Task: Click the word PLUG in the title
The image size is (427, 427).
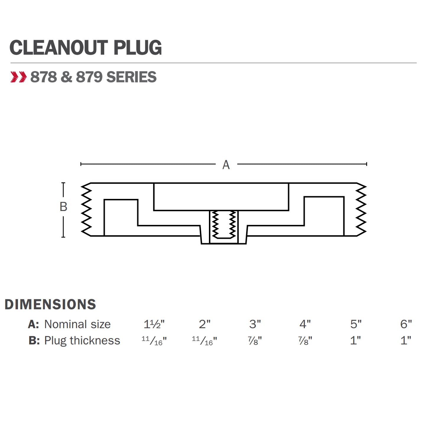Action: [x=138, y=48]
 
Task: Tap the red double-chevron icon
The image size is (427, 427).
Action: [x=18, y=77]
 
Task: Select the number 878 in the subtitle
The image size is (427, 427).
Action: [x=43, y=77]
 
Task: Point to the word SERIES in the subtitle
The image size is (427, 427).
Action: [x=131, y=77]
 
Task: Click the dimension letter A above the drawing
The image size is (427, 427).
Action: [x=226, y=165]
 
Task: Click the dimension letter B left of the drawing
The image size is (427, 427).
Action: [x=63, y=207]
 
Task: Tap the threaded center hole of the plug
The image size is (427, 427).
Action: [x=224, y=225]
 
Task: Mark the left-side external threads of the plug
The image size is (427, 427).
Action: [x=86, y=209]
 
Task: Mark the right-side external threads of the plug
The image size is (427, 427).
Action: [x=361, y=209]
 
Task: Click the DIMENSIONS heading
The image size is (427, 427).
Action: [x=50, y=304]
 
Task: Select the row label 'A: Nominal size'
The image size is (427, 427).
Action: [x=69, y=324]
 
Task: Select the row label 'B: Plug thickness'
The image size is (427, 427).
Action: [x=74, y=340]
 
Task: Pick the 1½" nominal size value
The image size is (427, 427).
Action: [x=154, y=324]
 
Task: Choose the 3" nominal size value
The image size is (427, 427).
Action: [x=255, y=324]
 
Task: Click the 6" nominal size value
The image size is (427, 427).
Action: [x=406, y=324]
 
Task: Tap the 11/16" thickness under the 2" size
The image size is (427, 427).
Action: [x=204, y=341]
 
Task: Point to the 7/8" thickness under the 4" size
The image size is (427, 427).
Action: [x=305, y=341]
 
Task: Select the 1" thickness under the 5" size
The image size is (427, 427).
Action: [x=355, y=341]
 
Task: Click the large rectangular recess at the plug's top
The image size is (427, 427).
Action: [x=221, y=197]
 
